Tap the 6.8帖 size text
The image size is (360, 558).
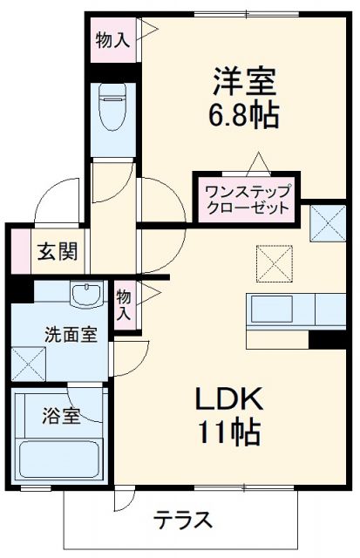pos(243,115)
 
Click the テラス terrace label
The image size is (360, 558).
pos(184,521)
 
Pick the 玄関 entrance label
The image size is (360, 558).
pos(58,252)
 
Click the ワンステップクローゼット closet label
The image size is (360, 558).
pos(241,200)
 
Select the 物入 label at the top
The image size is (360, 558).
pos(113,39)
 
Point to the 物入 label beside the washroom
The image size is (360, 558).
pos(125,303)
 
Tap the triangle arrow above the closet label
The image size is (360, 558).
pos(257,164)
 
